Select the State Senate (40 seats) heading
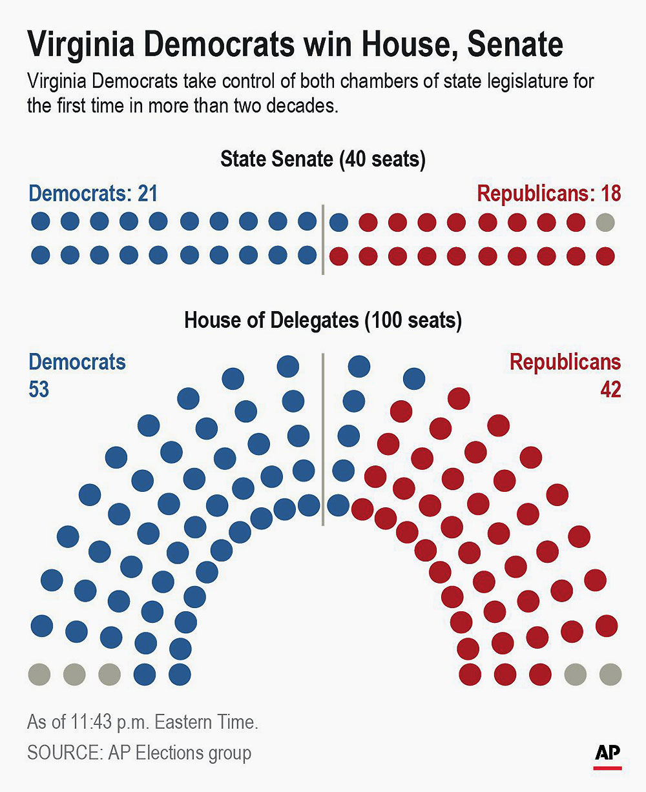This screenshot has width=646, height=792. point(323,159)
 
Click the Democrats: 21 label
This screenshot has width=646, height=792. point(93,194)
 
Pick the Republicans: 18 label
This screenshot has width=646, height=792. point(548,194)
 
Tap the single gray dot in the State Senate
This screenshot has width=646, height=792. point(605,223)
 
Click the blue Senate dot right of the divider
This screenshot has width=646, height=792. point(339,223)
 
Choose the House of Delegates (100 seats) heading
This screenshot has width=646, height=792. point(323,321)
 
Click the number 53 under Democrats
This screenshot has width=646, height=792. point(39,390)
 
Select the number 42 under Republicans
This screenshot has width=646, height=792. point(610,390)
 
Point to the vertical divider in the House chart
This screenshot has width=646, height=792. point(322,439)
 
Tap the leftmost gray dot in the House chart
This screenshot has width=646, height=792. point(39,675)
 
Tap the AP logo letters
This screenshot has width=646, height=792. point(608,752)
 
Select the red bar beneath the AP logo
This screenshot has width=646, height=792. point(608,767)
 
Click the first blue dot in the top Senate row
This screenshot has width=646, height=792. point(41,222)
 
